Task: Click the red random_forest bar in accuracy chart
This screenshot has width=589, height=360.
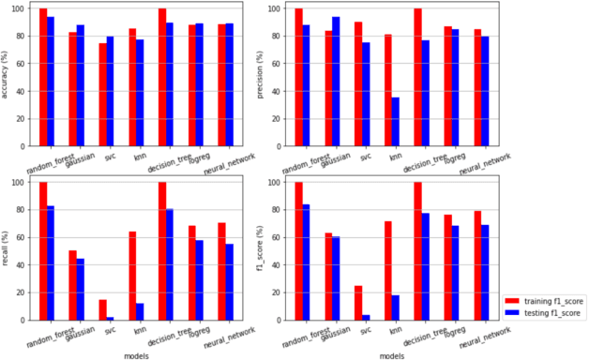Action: [x=43, y=77]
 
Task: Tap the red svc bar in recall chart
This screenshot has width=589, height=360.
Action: [x=102, y=309]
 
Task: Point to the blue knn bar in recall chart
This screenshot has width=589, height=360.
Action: [x=140, y=311]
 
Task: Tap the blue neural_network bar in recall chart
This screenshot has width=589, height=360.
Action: [x=229, y=281]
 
